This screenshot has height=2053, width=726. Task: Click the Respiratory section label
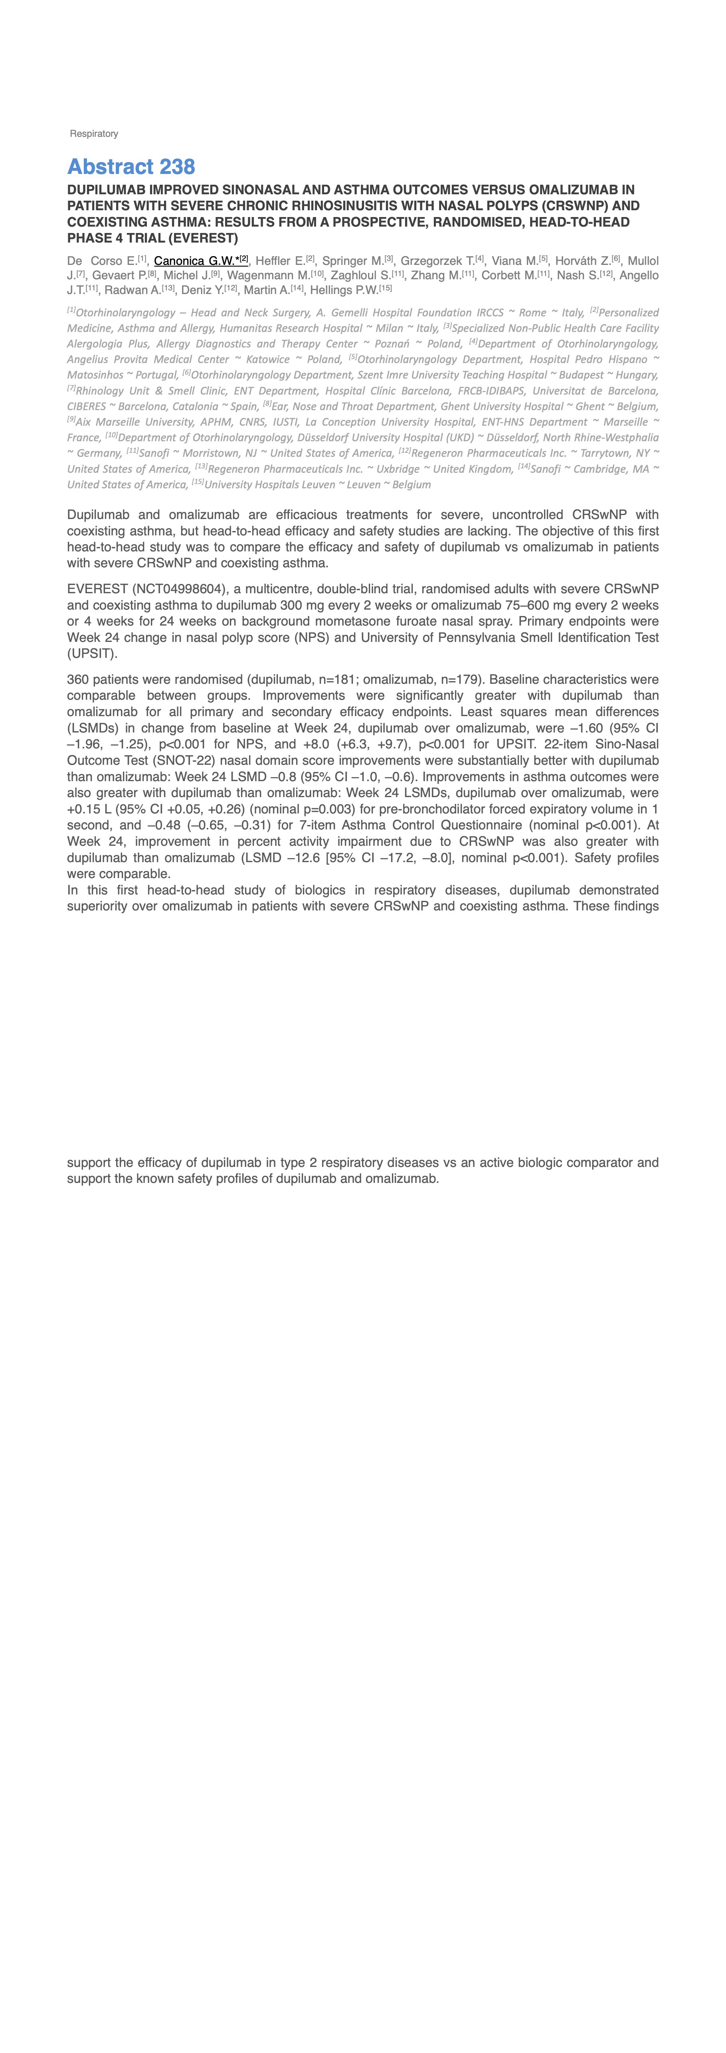pos(94,134)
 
